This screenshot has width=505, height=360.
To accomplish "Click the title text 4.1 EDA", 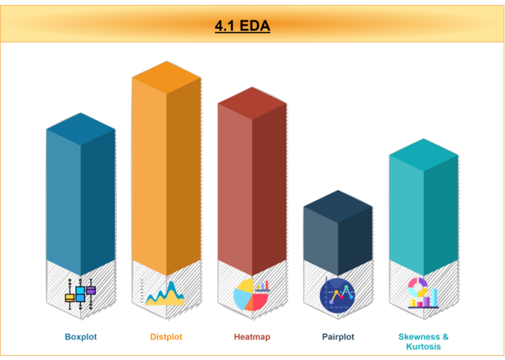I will click(242, 25).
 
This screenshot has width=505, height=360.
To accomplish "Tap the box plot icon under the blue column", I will click(80, 293).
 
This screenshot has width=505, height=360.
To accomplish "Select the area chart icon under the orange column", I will click(165, 292).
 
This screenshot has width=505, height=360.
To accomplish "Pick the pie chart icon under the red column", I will click(251, 295).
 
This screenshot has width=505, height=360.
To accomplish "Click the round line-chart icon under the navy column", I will click(337, 295).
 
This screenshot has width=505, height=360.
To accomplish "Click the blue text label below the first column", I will click(80, 336).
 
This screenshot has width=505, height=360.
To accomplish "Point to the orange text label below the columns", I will click(166, 336).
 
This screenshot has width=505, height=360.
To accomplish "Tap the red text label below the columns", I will click(252, 336).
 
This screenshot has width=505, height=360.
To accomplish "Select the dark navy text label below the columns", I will click(338, 336).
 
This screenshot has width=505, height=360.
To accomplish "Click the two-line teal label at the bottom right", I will click(424, 341).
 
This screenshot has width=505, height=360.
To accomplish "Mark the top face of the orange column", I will click(166, 77).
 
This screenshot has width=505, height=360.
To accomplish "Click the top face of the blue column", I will click(80, 129).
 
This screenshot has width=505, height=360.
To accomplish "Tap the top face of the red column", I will click(251, 103).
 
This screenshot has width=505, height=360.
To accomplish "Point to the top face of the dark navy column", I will click(337, 205).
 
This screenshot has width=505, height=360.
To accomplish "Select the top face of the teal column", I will click(423, 154).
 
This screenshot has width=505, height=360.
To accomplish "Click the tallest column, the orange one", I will click(166, 180).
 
